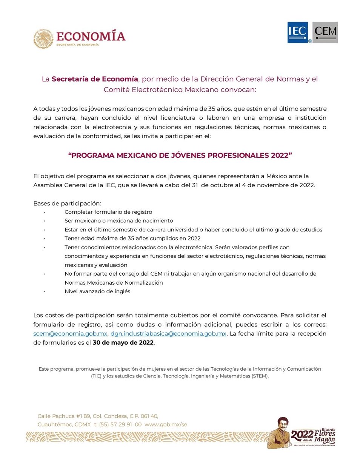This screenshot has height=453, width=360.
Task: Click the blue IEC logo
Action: coord(298,32)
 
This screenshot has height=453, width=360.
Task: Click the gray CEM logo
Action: coord(325,32)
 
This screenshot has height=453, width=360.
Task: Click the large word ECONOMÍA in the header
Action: coord(91,36)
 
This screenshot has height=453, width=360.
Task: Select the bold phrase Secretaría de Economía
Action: coord(95,79)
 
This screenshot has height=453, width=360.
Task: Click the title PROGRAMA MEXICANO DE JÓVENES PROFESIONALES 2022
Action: coord(180,156)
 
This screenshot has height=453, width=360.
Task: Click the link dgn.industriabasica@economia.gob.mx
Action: coord(168,333)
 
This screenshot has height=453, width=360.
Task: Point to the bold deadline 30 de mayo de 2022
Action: coord(123,342)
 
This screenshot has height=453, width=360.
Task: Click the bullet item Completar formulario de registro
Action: coord(108,212)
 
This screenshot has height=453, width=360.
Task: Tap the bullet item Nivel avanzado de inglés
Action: coord(98,291)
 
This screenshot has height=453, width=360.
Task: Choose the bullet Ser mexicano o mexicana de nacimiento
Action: coord(119,220)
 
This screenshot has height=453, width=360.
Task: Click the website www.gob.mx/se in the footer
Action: coord(166,424)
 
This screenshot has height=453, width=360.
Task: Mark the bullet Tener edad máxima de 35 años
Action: coord(132,238)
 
